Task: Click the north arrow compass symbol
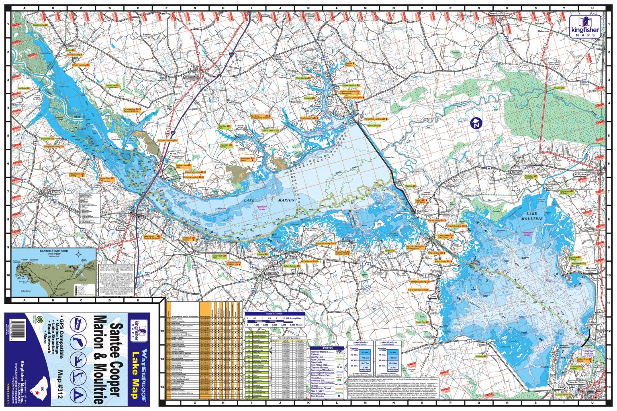point(476,123)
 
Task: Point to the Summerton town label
point(190,77)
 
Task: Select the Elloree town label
point(56,192)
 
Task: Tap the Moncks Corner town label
point(577,383)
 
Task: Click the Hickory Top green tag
point(111,85)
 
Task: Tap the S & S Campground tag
point(418,289)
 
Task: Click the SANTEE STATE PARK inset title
point(54,250)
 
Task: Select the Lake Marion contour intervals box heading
point(359,343)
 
